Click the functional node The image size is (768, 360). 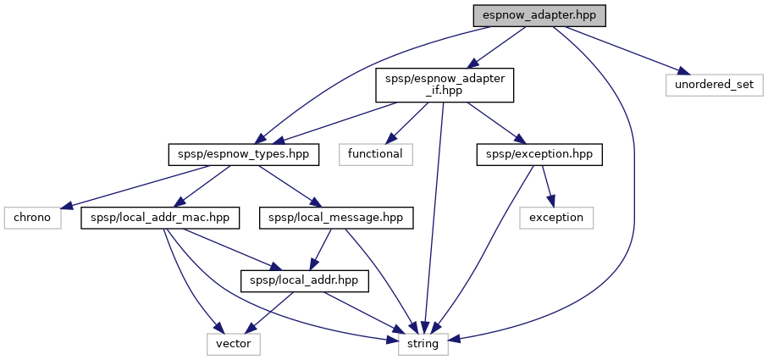click(376, 154)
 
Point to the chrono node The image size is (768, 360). click(30, 217)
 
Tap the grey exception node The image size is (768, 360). click(555, 217)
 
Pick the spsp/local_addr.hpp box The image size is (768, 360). click(305, 280)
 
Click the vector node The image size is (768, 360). click(234, 343)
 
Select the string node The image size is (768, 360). click(423, 343)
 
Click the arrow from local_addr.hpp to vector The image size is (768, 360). click(268, 313)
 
